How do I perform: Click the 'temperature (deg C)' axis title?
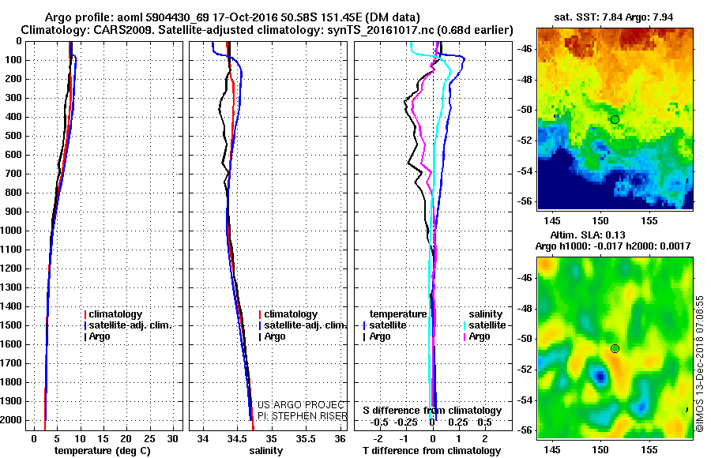click(102, 450)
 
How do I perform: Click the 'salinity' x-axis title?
click(266, 450)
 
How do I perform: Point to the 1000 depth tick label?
click(13, 231)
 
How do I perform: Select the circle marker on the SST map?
click(615, 119)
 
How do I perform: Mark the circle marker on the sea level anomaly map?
click(615, 348)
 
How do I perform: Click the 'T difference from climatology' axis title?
click(432, 450)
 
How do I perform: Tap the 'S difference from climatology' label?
click(432, 411)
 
